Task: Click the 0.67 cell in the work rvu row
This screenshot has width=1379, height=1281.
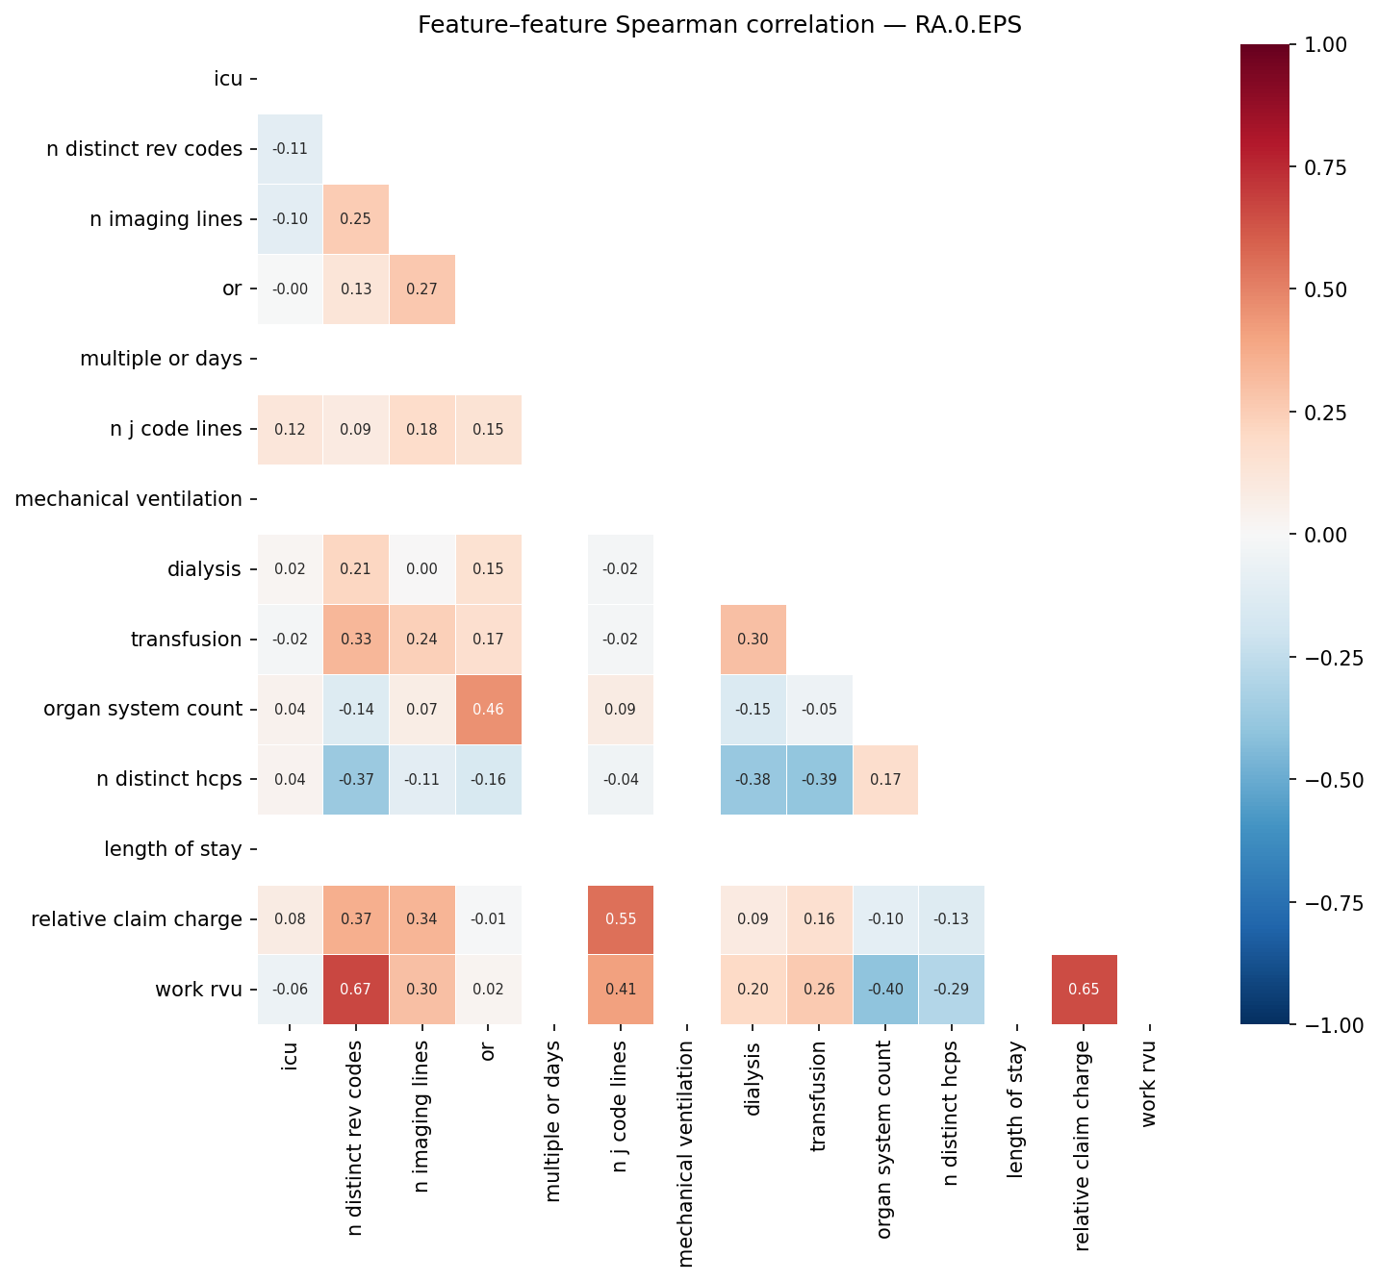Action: (x=356, y=990)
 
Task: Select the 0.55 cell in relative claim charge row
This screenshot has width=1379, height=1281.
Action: (x=621, y=919)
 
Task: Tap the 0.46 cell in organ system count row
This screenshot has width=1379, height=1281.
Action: (x=488, y=710)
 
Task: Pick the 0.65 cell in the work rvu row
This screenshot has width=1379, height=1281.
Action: (x=1084, y=990)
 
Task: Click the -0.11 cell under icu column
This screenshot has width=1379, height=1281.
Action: (x=290, y=149)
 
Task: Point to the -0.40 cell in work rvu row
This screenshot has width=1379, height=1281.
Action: (x=884, y=990)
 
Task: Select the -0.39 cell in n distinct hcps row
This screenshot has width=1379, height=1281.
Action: (x=819, y=780)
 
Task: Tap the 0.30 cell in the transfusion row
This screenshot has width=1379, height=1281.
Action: (x=753, y=640)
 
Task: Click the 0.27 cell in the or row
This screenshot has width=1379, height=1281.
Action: (x=421, y=289)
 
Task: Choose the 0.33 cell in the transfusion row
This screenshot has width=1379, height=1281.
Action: (x=356, y=640)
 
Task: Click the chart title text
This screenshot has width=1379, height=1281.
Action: (x=719, y=25)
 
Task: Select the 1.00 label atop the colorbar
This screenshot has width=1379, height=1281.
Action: (x=1328, y=44)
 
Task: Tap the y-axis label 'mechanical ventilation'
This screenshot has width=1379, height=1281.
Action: (x=129, y=499)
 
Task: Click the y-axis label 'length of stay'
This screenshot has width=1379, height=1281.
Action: (x=173, y=849)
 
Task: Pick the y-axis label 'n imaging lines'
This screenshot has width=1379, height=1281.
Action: (x=166, y=219)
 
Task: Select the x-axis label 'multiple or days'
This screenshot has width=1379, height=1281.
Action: (x=553, y=1119)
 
